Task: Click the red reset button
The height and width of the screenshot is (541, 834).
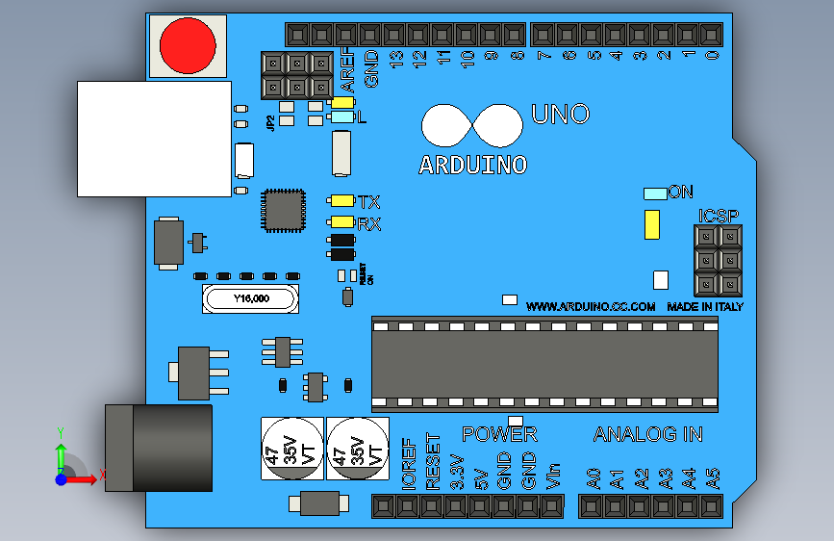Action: point(188,45)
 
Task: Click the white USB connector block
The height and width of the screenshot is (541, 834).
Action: point(154,139)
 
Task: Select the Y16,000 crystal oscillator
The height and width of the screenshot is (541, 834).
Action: point(251,299)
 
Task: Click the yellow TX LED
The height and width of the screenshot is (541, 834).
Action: point(341,201)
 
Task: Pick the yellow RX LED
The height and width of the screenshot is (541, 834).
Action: point(341,223)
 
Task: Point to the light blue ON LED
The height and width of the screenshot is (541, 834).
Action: point(655,193)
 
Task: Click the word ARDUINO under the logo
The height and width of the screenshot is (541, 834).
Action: point(473,166)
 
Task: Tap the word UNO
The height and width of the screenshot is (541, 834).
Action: point(560,115)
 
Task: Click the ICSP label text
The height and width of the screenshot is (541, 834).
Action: point(720,215)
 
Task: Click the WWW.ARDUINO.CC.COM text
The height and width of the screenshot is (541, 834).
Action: point(591,306)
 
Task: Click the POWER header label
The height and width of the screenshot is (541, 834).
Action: point(499,434)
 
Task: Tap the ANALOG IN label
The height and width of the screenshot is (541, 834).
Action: point(647,434)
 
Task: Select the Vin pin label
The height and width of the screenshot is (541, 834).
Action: point(553,477)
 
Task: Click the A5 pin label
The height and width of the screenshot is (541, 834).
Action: point(713,477)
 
